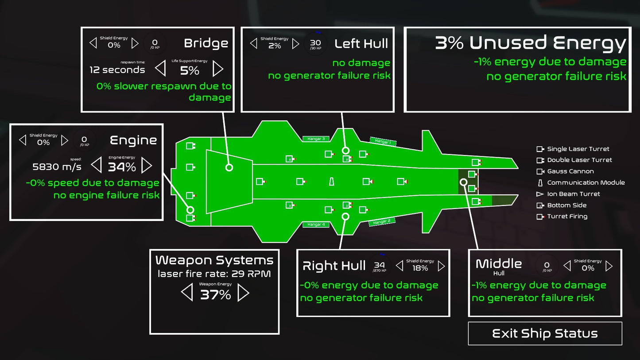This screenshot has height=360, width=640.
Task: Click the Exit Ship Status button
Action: [x=545, y=333]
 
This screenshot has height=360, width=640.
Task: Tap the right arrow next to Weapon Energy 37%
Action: [x=243, y=293]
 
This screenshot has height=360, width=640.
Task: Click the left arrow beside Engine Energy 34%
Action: [x=96, y=166]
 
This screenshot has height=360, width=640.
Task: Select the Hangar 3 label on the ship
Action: [x=316, y=139]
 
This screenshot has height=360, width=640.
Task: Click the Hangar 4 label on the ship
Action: [x=316, y=225]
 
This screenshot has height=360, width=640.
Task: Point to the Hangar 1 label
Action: [x=383, y=142]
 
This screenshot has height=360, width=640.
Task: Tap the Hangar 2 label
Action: [x=382, y=222]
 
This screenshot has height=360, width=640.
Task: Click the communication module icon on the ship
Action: [x=331, y=182]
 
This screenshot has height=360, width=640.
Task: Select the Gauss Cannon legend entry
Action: [x=570, y=171]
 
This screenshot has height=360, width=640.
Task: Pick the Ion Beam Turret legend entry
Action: [x=573, y=194]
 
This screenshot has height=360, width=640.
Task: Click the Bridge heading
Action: [x=206, y=43]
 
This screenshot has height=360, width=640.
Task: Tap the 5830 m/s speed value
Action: [x=57, y=166]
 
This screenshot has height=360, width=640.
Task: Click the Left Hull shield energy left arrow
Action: [x=254, y=43]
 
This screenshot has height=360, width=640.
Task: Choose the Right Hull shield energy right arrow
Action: [x=441, y=266]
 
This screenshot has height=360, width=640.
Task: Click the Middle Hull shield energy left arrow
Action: [x=567, y=266]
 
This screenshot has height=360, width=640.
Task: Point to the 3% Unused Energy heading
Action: [x=531, y=43]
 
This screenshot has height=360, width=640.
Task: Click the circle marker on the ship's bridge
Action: [x=229, y=167]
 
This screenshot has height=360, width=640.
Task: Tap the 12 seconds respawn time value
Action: [x=117, y=70]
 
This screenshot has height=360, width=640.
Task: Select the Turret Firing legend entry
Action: [x=567, y=217]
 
